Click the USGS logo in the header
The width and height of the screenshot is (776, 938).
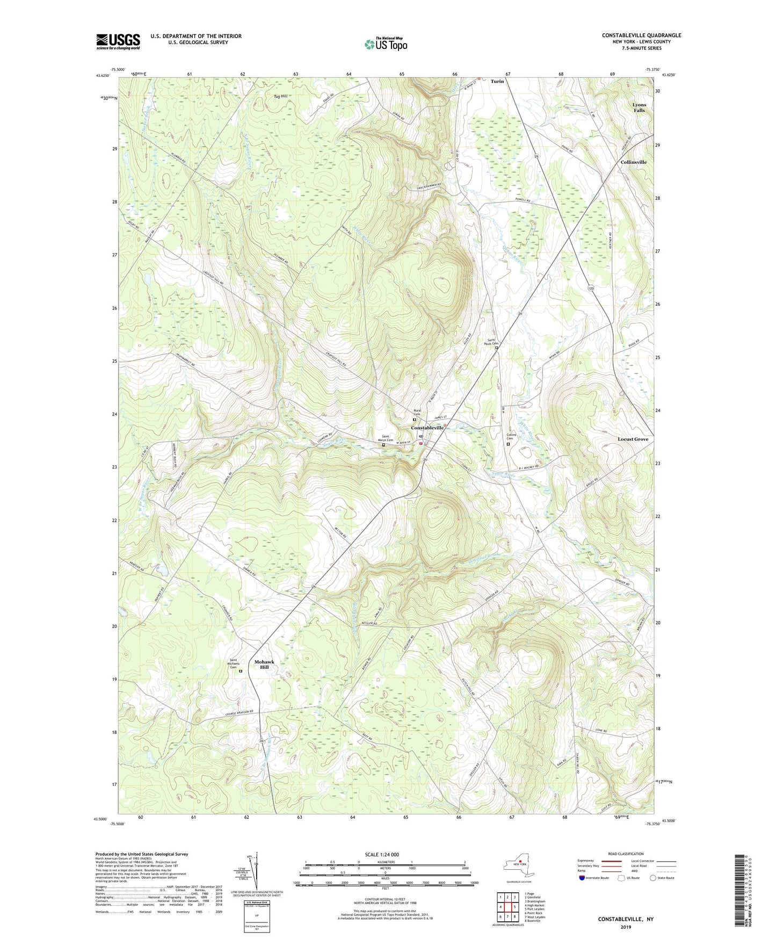(118, 41)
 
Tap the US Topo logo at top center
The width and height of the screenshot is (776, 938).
(385, 44)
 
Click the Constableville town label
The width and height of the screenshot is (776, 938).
(427, 428)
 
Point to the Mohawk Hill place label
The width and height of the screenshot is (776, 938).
(264, 664)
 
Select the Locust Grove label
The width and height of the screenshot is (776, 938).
(633, 439)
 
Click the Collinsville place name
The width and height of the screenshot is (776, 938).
(633, 162)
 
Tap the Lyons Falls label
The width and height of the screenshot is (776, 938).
(639, 107)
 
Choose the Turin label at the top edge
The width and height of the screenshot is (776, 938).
(497, 81)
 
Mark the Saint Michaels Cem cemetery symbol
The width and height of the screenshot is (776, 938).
(241, 671)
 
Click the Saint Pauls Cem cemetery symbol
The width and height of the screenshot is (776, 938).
(496, 348)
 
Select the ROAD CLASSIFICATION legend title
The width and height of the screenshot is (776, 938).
(626, 854)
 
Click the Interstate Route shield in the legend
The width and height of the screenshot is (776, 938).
(582, 878)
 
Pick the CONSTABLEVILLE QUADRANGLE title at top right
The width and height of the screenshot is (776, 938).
(641, 35)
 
